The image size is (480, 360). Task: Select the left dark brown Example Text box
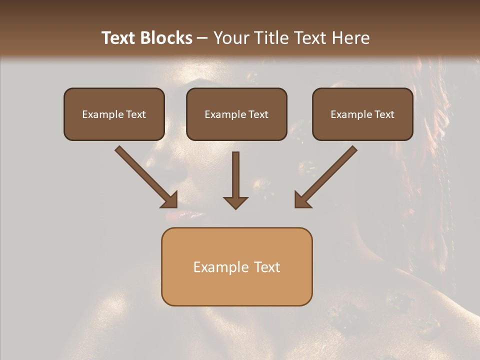(x=114, y=114)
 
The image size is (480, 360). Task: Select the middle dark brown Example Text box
(x=236, y=114)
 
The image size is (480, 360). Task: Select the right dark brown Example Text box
(x=362, y=114)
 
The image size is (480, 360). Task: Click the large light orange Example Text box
(x=236, y=267)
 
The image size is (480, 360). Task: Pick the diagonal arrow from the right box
(x=327, y=175)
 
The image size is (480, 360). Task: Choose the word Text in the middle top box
(x=258, y=114)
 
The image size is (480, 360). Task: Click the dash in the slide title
(x=202, y=38)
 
